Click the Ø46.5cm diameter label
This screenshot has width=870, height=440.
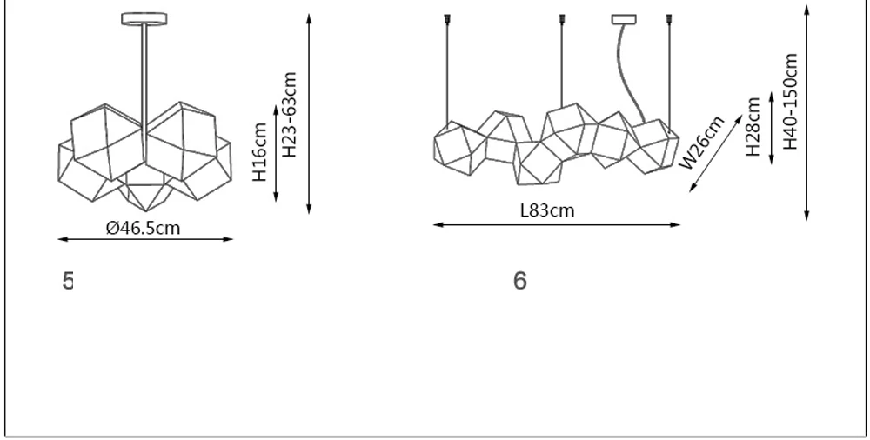(144, 228)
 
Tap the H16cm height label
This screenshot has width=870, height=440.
(259, 151)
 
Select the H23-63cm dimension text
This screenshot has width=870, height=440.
(290, 114)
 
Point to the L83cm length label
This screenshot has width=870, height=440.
(547, 210)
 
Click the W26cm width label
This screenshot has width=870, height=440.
(702, 143)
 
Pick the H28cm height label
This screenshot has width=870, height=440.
(753, 126)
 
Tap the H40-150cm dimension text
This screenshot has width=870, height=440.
(790, 102)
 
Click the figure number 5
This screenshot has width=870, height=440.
(68, 281)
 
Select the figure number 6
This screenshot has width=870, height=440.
(520, 281)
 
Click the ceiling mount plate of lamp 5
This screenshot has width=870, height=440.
(144, 19)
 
